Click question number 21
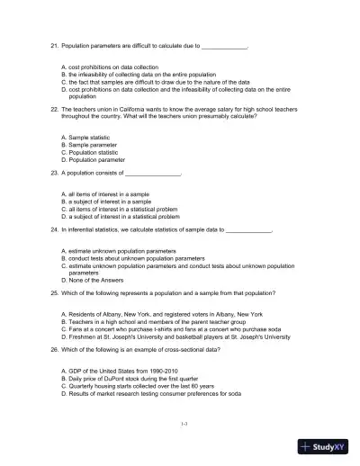[x=53, y=44]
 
